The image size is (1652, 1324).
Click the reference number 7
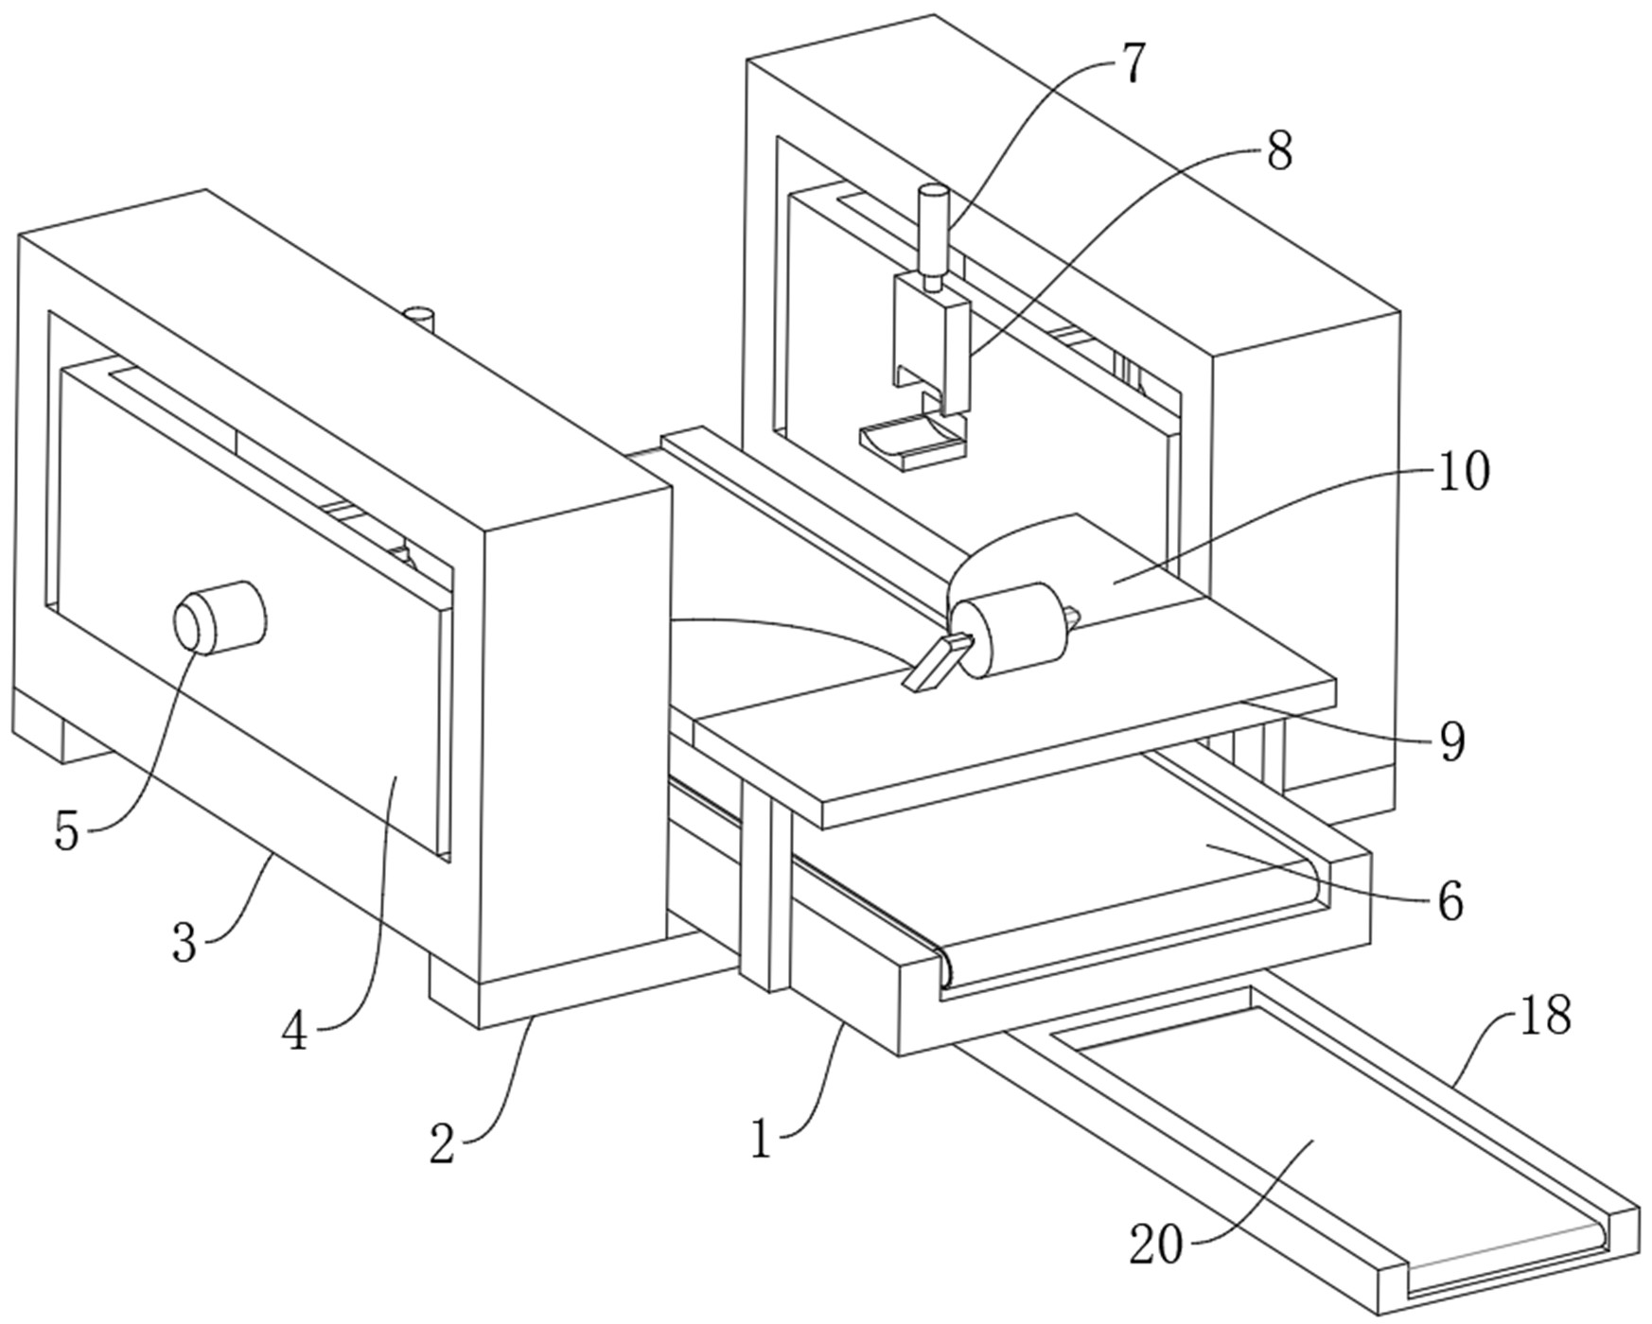[x=1132, y=63]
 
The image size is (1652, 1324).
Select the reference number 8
[x=1278, y=151]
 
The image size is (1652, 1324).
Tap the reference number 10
[x=1464, y=471]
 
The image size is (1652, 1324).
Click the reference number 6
[x=1450, y=901]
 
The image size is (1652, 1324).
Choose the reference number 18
[x=1545, y=1015]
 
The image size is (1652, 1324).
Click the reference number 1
[x=761, y=1139]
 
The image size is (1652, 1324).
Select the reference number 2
[x=442, y=1144]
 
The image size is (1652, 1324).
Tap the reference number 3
[x=185, y=943]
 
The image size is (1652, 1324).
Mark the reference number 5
[x=66, y=832]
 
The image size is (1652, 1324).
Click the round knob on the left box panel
[x=220, y=616]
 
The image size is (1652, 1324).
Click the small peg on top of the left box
[x=418, y=318]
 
